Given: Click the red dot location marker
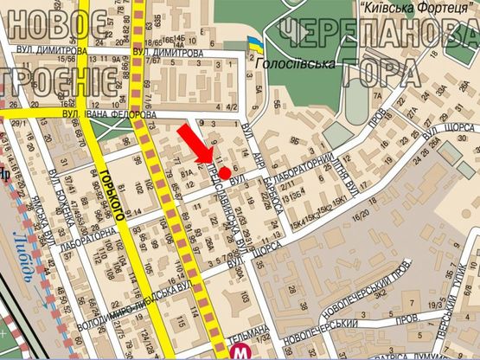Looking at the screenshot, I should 223,173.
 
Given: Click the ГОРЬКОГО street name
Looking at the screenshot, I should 109,187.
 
